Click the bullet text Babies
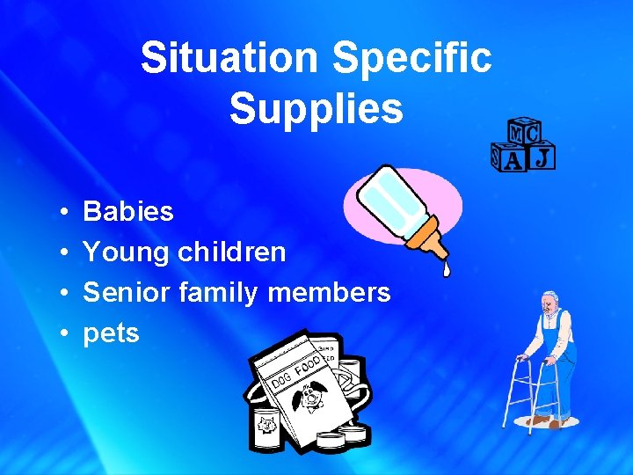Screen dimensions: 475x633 (x=128, y=212)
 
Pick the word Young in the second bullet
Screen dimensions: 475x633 (x=126, y=252)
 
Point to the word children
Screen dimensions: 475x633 (x=231, y=252)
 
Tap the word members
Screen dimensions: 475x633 (x=329, y=293)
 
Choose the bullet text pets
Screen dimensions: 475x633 (x=111, y=334)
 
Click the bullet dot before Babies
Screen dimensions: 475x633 (x=66, y=213)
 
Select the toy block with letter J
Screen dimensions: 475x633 (x=543, y=157)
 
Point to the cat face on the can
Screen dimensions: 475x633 (x=265, y=426)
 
